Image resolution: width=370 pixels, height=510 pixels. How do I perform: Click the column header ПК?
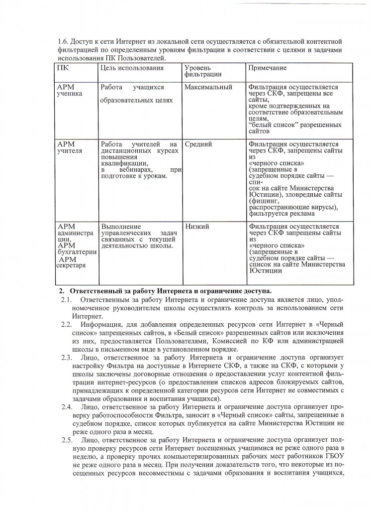tap(63, 68)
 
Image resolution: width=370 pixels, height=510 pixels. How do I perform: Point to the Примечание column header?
tap(268, 68)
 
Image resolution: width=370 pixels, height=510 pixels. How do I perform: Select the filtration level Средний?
tap(198, 144)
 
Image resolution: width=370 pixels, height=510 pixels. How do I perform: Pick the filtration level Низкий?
tap(197, 227)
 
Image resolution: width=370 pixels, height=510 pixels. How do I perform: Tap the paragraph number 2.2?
tap(67, 324)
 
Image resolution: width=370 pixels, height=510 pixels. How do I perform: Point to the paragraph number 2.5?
tap(67, 440)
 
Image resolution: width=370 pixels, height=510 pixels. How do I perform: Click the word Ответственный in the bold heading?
tap(97, 290)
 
